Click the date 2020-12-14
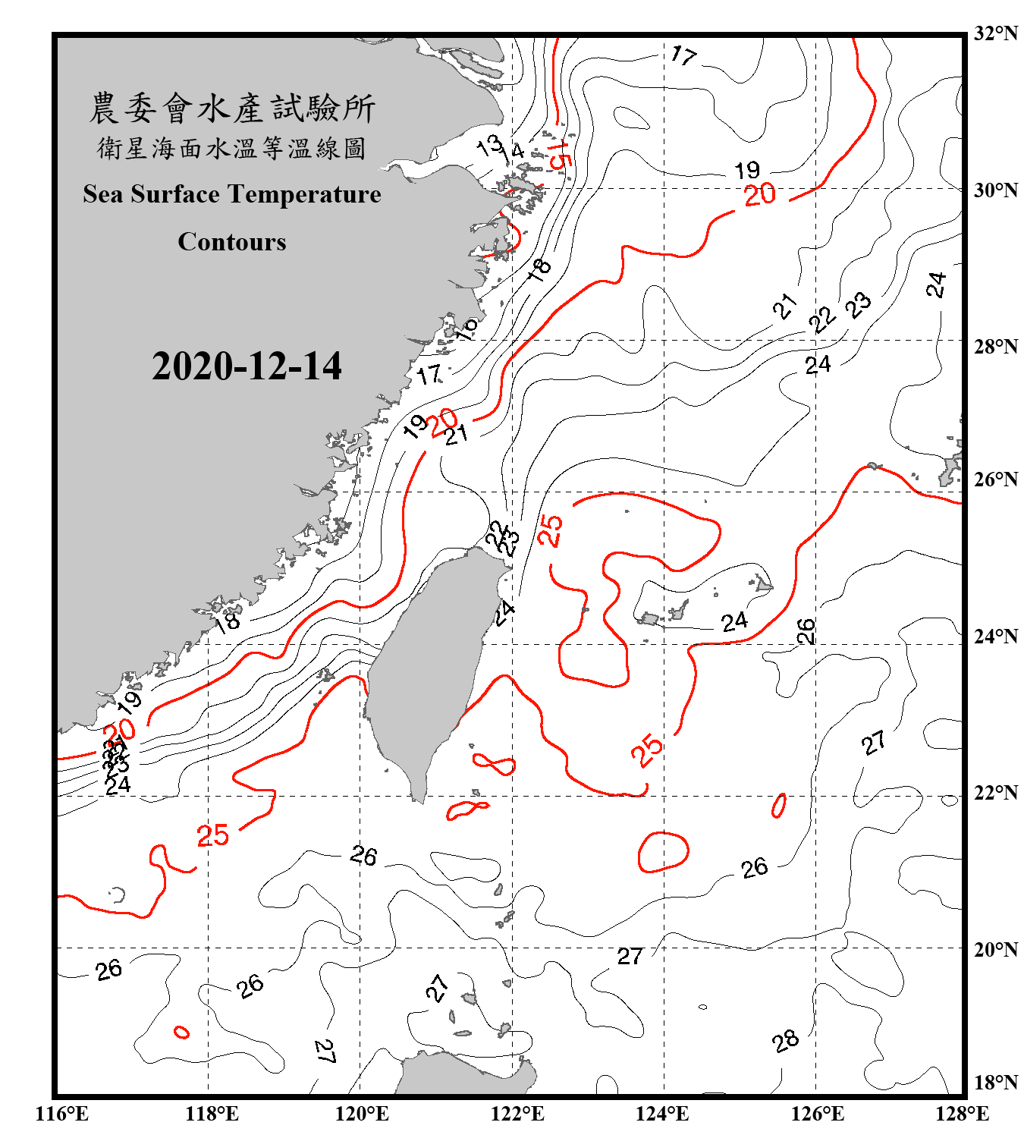[x=247, y=366]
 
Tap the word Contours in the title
[x=232, y=242]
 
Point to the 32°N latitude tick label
[x=995, y=33]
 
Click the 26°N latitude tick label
[x=995, y=479]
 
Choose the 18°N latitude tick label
[x=995, y=1083]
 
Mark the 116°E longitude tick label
[x=62, y=1114]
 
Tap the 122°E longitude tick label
[x=517, y=1114]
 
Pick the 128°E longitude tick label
[x=962, y=1114]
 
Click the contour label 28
[x=786, y=1041]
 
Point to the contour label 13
[x=489, y=145]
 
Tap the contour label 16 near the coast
[x=466, y=328]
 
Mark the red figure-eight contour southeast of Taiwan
[x=494, y=763]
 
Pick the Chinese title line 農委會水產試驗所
[x=232, y=108]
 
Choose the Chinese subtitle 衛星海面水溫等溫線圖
[x=232, y=149]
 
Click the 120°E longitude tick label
[x=362, y=1114]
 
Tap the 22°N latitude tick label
[x=995, y=793]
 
